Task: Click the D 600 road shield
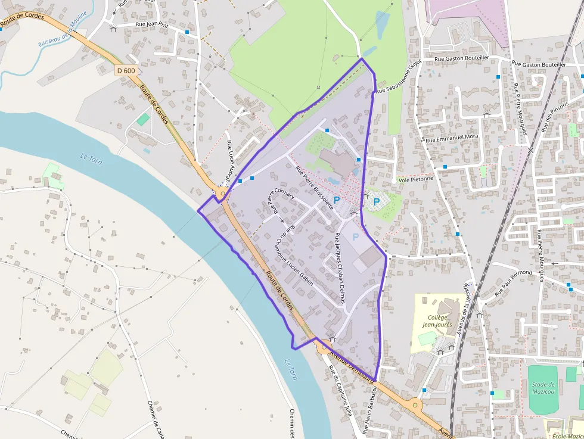pyautogui.click(x=126, y=70)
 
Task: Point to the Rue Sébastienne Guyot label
pyautogui.click(x=399, y=76)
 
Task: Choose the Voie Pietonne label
pyautogui.click(x=416, y=179)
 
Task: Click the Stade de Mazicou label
pyautogui.click(x=543, y=388)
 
